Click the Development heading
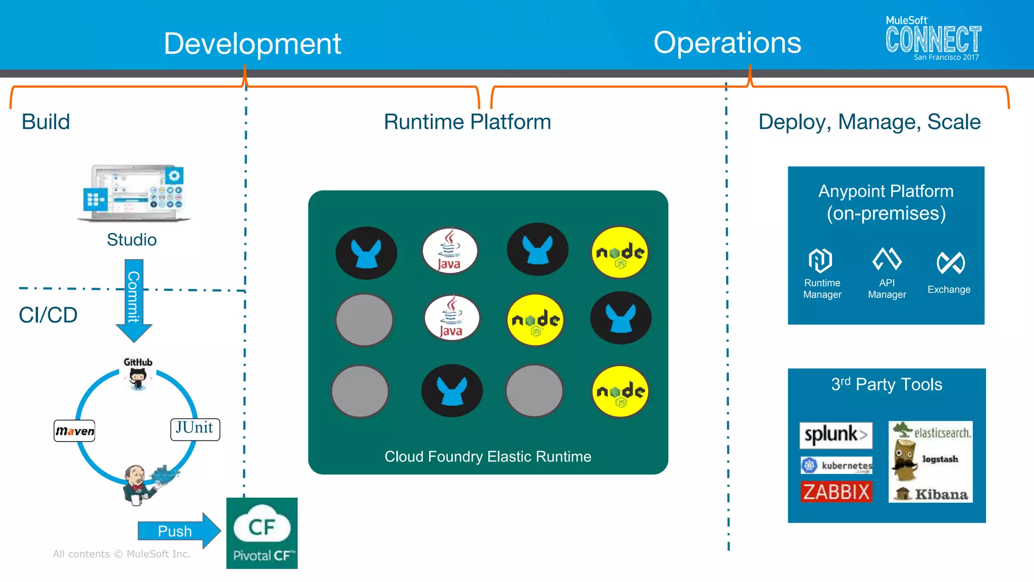(252, 43)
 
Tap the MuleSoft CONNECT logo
(933, 39)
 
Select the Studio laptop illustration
(134, 193)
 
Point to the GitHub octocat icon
(138, 378)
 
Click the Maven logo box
(75, 431)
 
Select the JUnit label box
(195, 429)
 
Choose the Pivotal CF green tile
(262, 533)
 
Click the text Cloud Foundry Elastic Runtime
(488, 457)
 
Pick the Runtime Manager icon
(820, 261)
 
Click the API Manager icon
(887, 259)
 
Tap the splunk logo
(836, 435)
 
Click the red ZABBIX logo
(836, 492)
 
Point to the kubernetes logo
(837, 465)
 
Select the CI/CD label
(48, 315)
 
